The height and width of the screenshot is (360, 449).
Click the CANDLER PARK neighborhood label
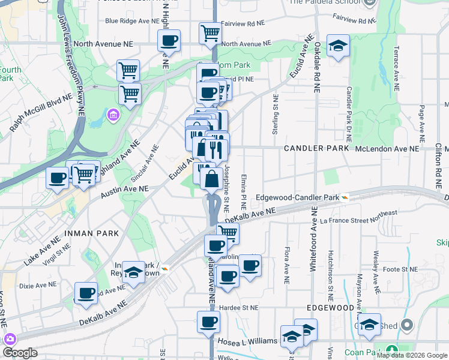(312, 148)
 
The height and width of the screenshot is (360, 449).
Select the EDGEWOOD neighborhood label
(330, 306)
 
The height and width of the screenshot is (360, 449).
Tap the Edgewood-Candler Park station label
(297, 197)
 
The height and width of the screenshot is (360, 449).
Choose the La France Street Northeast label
(358, 217)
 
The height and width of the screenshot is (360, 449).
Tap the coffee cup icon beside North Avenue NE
(169, 41)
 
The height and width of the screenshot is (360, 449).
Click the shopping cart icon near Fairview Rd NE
(210, 33)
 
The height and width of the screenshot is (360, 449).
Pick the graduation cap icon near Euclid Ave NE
(338, 46)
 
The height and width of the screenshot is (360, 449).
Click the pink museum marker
(113, 114)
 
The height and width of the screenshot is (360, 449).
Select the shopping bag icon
(212, 179)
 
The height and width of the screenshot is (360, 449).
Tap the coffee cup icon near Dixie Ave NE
(86, 293)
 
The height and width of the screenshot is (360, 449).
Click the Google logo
(20, 353)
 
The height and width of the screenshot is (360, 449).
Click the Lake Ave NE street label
(43, 250)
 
